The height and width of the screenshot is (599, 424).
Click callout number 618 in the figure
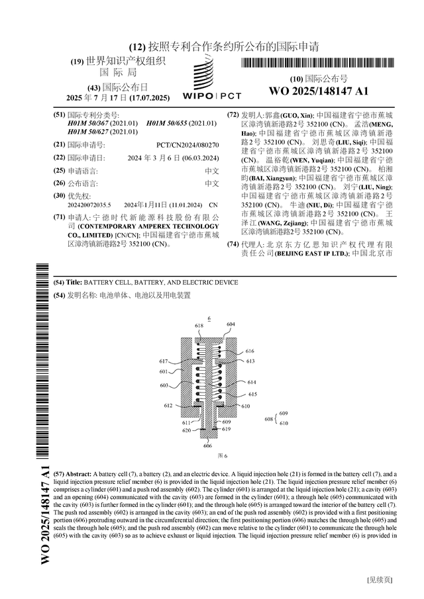point(199,326)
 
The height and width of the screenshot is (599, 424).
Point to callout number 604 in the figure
point(231,324)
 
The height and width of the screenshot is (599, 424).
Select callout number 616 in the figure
point(250,351)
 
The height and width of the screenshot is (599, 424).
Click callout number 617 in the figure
point(163,361)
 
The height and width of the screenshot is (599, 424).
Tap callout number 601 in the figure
point(164,372)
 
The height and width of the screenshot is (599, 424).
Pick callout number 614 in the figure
point(252,383)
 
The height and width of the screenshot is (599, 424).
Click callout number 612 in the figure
point(168,406)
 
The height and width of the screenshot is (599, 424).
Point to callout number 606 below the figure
point(207,446)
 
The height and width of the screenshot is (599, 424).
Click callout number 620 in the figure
point(187,430)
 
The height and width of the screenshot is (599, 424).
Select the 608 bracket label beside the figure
point(268,419)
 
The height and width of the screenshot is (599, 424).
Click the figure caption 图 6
point(223,456)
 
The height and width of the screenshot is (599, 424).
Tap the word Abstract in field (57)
point(78,475)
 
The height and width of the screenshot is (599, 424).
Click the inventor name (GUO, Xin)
point(301,115)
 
